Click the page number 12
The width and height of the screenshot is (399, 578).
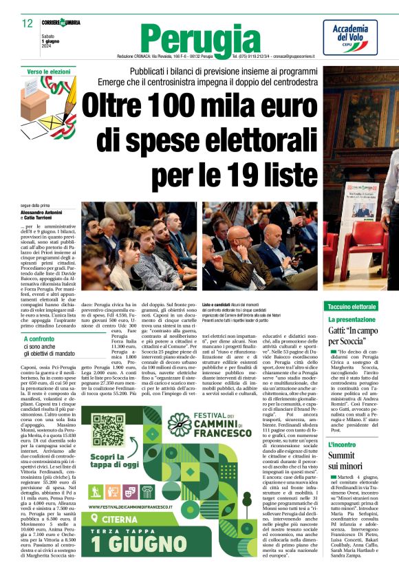28,23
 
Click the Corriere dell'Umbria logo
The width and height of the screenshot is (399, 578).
61,23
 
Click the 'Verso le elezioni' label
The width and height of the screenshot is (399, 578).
49,72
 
